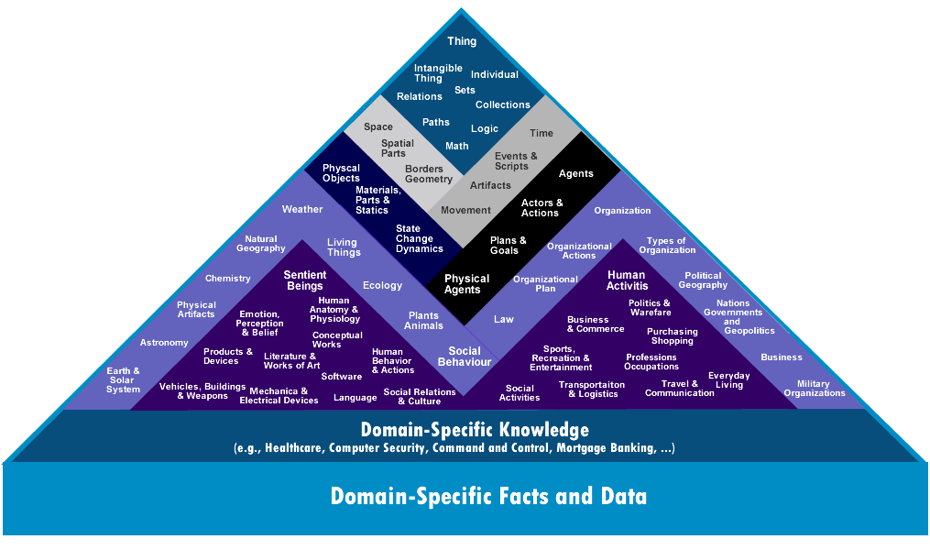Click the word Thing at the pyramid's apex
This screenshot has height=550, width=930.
[462, 41]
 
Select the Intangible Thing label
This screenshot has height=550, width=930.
[438, 73]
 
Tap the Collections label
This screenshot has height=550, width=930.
[502, 104]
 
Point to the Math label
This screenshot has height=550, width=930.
[456, 146]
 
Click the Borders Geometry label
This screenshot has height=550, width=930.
[428, 174]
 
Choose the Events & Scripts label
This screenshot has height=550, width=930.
[516, 160]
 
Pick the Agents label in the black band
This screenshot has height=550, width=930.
[575, 173]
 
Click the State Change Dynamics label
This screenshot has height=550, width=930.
[419, 238]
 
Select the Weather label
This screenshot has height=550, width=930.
[301, 209]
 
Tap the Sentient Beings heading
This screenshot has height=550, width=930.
[305, 280]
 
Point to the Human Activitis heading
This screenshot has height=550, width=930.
[627, 280]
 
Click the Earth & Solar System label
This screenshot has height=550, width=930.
[123, 379]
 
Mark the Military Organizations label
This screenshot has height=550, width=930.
[815, 388]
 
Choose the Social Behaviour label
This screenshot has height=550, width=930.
[465, 356]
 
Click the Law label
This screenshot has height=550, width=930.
[504, 319]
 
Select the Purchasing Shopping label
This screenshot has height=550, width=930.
[672, 335]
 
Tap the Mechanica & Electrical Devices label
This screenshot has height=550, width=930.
[279, 395]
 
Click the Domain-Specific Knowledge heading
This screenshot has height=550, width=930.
[475, 429]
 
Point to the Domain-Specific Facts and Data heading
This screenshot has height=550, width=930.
[488, 496]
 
